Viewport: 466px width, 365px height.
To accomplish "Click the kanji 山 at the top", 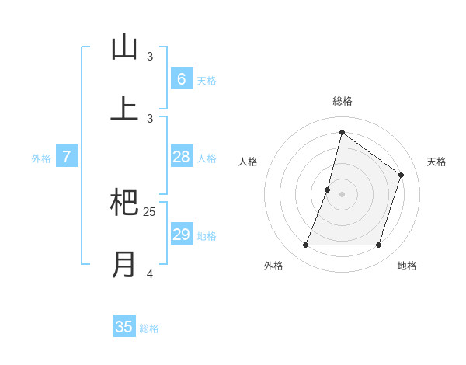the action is pyautogui.click(x=124, y=48).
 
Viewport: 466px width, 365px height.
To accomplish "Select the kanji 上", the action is pyautogui.click(x=124, y=109).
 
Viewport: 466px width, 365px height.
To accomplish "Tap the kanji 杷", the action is pyautogui.click(x=124, y=203).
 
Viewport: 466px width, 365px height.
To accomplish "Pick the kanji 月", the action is pyautogui.click(x=124, y=264).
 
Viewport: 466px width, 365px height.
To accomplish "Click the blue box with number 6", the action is pyautogui.click(x=181, y=78).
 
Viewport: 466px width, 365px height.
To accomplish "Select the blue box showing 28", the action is pyautogui.click(x=181, y=157).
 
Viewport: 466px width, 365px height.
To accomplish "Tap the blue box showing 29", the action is pyautogui.click(x=181, y=235).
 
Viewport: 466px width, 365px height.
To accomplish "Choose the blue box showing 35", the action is pyautogui.click(x=124, y=327).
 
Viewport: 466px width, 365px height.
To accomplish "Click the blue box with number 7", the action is pyautogui.click(x=67, y=157).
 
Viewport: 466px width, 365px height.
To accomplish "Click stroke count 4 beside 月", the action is pyautogui.click(x=150, y=273).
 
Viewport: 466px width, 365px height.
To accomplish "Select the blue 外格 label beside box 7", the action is pyautogui.click(x=41, y=158).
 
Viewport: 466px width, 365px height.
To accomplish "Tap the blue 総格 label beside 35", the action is pyautogui.click(x=149, y=328).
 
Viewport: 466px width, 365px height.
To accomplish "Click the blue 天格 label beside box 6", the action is pyautogui.click(x=207, y=80).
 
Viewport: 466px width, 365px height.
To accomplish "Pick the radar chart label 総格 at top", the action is pyautogui.click(x=343, y=101).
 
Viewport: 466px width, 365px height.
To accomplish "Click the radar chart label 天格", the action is pyautogui.click(x=436, y=162).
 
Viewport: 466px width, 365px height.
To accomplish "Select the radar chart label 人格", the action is pyautogui.click(x=248, y=162).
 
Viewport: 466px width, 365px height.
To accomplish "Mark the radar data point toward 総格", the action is pyautogui.click(x=342, y=132).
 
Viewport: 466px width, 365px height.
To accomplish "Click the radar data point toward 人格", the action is pyautogui.click(x=328, y=189).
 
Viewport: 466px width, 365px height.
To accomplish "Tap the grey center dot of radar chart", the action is pyautogui.click(x=342, y=194).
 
